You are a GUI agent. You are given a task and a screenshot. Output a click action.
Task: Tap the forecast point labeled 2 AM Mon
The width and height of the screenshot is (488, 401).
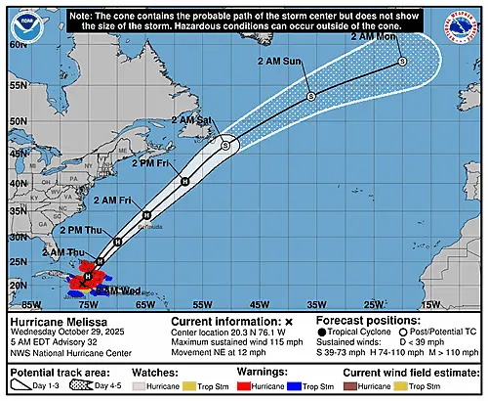pyautogui.click(x=402, y=62)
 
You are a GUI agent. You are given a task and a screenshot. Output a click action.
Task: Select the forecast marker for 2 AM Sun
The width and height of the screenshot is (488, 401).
pyautogui.click(x=310, y=96)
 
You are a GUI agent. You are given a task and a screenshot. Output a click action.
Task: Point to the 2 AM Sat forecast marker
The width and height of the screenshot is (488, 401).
pyautogui.click(x=224, y=145)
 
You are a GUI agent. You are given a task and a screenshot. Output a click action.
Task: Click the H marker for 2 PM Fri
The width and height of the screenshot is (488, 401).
pyautogui.click(x=183, y=181)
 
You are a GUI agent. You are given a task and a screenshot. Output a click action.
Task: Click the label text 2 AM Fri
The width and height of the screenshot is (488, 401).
pyautogui.click(x=112, y=200)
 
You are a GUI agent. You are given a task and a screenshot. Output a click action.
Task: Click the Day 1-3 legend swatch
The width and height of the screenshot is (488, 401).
pyautogui.click(x=20, y=387)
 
